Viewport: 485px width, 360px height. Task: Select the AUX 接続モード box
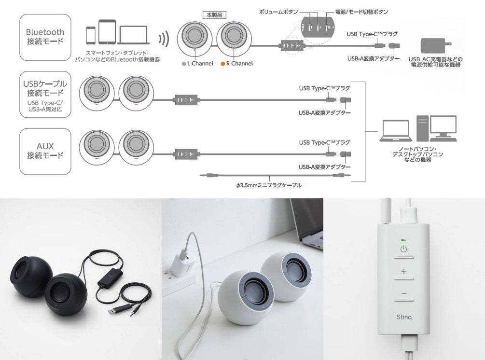(45, 151)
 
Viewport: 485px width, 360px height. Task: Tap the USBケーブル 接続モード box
(45, 95)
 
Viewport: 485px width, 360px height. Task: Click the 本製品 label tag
(212, 15)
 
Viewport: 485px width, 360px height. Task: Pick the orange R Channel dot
(222, 64)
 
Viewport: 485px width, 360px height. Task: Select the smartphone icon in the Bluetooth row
(91, 35)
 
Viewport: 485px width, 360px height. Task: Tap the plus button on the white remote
(403, 272)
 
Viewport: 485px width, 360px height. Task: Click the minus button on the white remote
(403, 294)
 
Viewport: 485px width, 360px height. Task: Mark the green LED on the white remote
(403, 239)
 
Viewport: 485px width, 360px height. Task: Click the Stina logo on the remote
(403, 317)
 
